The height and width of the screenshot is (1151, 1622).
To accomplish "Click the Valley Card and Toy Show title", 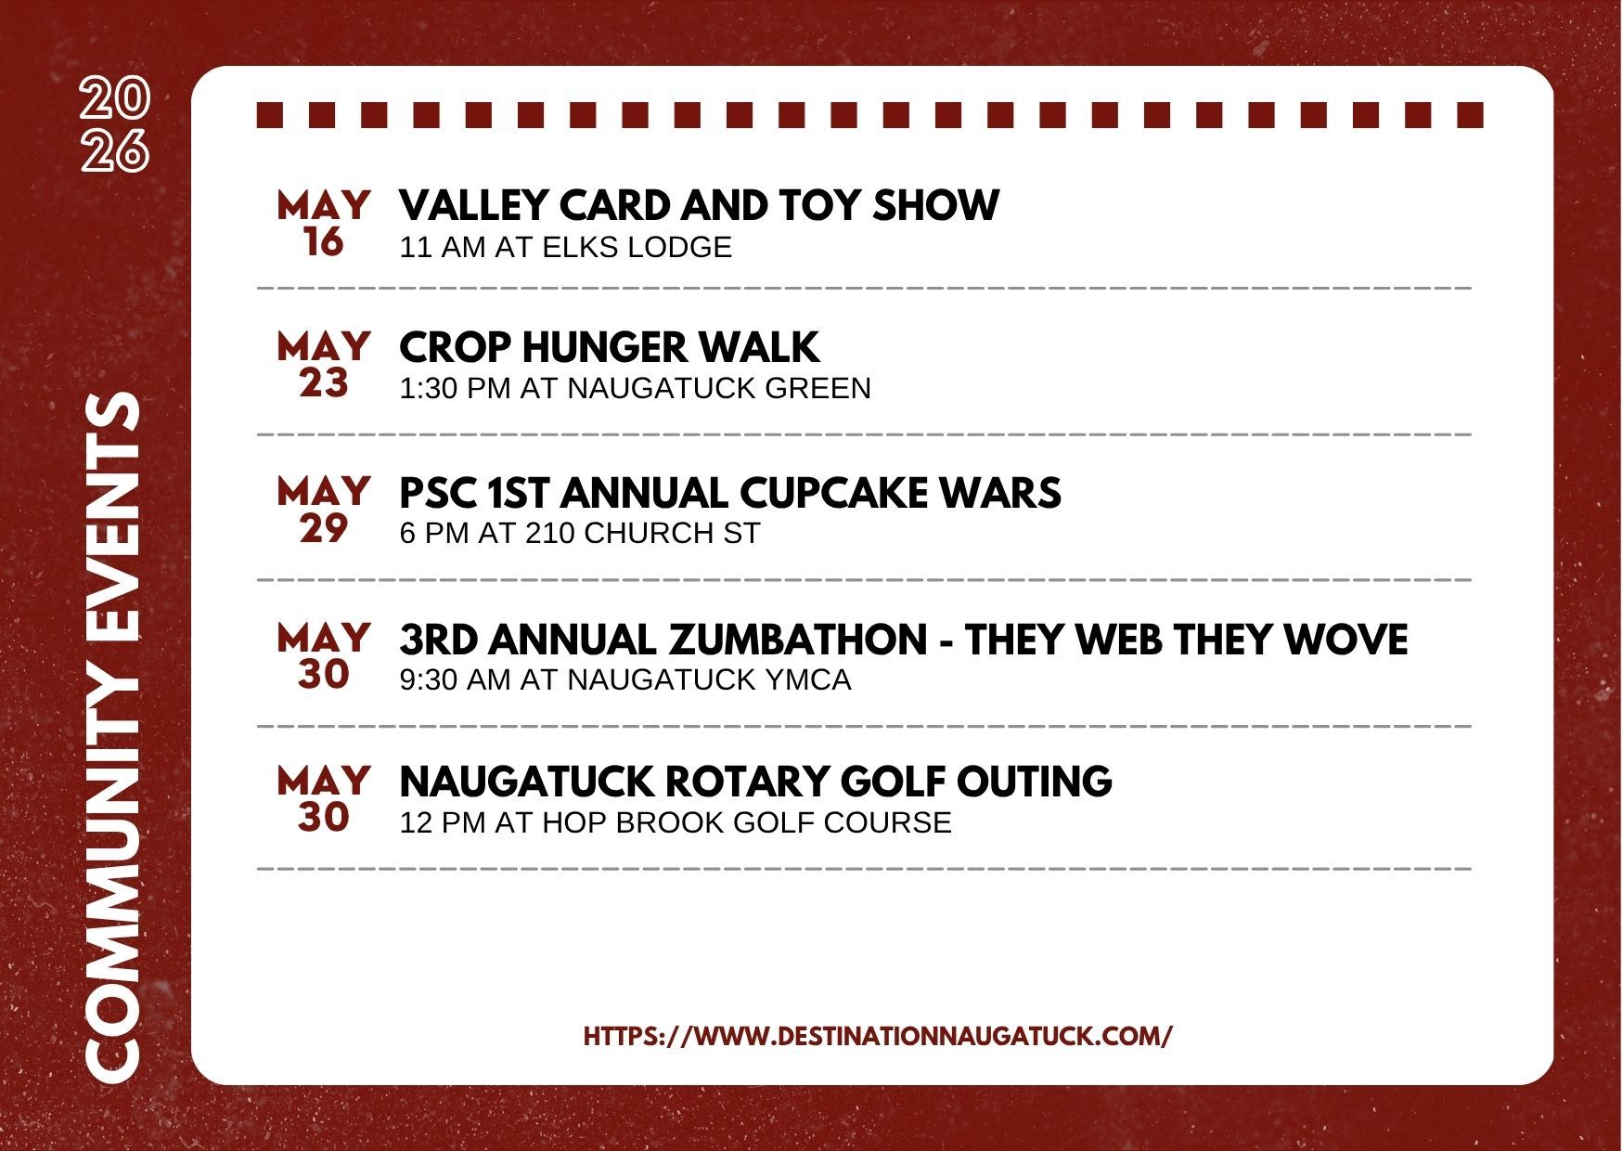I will (x=699, y=205).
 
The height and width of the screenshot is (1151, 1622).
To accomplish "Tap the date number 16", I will (x=323, y=242).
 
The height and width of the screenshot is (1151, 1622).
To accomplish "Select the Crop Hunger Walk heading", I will (x=609, y=347).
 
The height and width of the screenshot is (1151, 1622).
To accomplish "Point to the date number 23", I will (x=323, y=383).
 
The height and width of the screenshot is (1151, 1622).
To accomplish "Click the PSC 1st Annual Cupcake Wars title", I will (x=729, y=493).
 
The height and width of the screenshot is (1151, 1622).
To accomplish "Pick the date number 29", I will (x=323, y=529).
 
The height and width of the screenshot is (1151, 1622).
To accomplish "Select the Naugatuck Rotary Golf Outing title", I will (x=755, y=782).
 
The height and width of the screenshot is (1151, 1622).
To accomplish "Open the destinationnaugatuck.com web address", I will (x=878, y=1036).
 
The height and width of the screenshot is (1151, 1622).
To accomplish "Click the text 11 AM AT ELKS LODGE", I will (x=565, y=247).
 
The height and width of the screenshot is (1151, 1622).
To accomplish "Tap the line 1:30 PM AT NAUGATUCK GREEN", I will (x=635, y=388).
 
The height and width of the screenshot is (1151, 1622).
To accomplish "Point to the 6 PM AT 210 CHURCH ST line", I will (x=579, y=534).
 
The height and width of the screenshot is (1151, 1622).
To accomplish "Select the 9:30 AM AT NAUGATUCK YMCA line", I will (x=624, y=679).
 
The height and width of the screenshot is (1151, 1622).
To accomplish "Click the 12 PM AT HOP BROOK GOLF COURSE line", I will (x=675, y=822).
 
